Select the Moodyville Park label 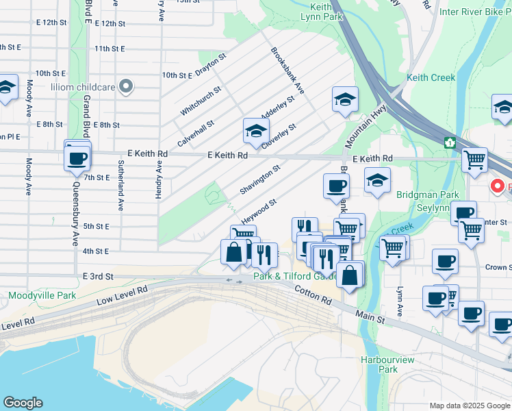(x=32, y=296)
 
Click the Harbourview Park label (x=379, y=364)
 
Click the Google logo (x=23, y=403)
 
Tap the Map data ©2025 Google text (x=469, y=406)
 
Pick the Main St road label (x=370, y=316)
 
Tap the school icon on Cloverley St (x=256, y=132)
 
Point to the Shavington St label (x=260, y=179)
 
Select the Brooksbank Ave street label (x=287, y=71)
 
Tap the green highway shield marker (x=450, y=142)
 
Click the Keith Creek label (x=431, y=77)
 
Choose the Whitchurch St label (x=201, y=101)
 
